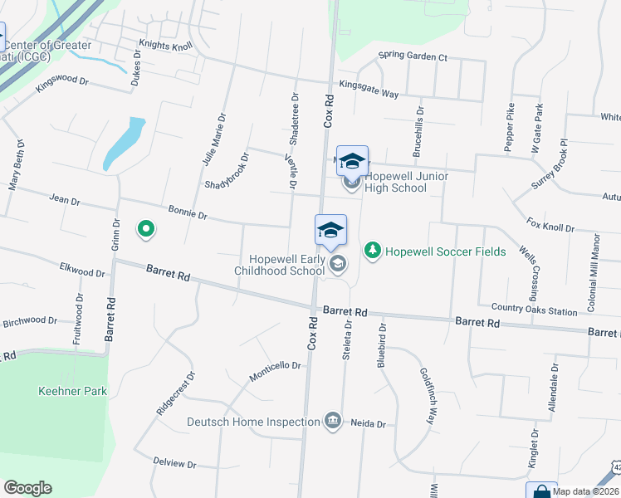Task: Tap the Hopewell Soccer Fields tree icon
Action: coord(373,250)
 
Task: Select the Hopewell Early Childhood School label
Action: coord(279,265)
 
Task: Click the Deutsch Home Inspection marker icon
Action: coord(333,422)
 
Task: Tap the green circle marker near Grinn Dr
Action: coord(146,228)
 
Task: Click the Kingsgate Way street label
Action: coord(369,89)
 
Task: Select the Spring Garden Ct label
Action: coord(413,57)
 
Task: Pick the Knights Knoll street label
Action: coord(165,45)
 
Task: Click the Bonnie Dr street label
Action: coord(188,213)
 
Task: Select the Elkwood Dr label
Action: coord(82,269)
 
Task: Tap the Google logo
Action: coord(27,488)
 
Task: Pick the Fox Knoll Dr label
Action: coord(550,226)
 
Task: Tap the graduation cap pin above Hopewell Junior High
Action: coord(352,160)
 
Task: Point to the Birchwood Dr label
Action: coord(29,321)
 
